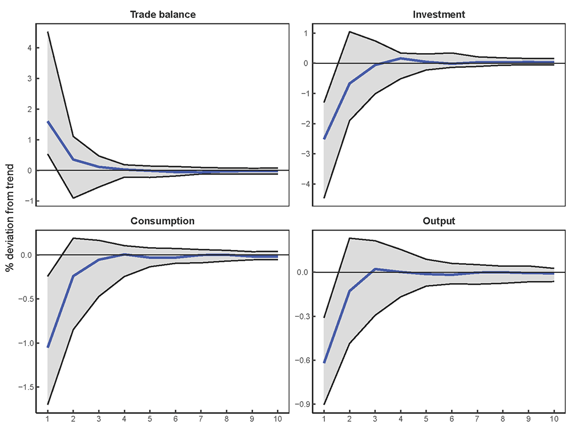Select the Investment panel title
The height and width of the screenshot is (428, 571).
[439, 14]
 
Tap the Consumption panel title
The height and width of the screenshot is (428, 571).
[163, 221]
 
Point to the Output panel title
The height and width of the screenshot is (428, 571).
[439, 221]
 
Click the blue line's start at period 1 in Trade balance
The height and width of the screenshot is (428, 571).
[47, 122]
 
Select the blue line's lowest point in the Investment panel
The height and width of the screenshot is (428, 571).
[323, 139]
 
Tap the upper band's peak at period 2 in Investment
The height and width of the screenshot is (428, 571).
[349, 31]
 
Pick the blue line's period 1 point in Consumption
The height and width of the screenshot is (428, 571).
[47, 347]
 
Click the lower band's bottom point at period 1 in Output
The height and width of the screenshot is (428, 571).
[323, 404]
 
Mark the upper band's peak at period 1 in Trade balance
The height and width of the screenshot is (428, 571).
[47, 32]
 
